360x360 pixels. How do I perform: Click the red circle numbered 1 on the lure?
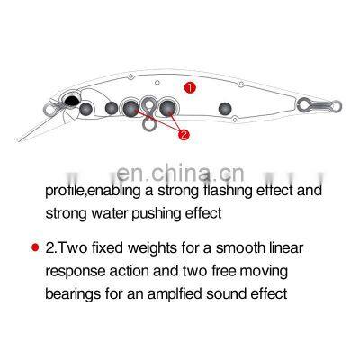click(190, 88)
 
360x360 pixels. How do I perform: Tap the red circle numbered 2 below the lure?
click(184, 136)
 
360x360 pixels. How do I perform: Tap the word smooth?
click(247, 247)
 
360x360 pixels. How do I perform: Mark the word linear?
click(295, 247)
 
